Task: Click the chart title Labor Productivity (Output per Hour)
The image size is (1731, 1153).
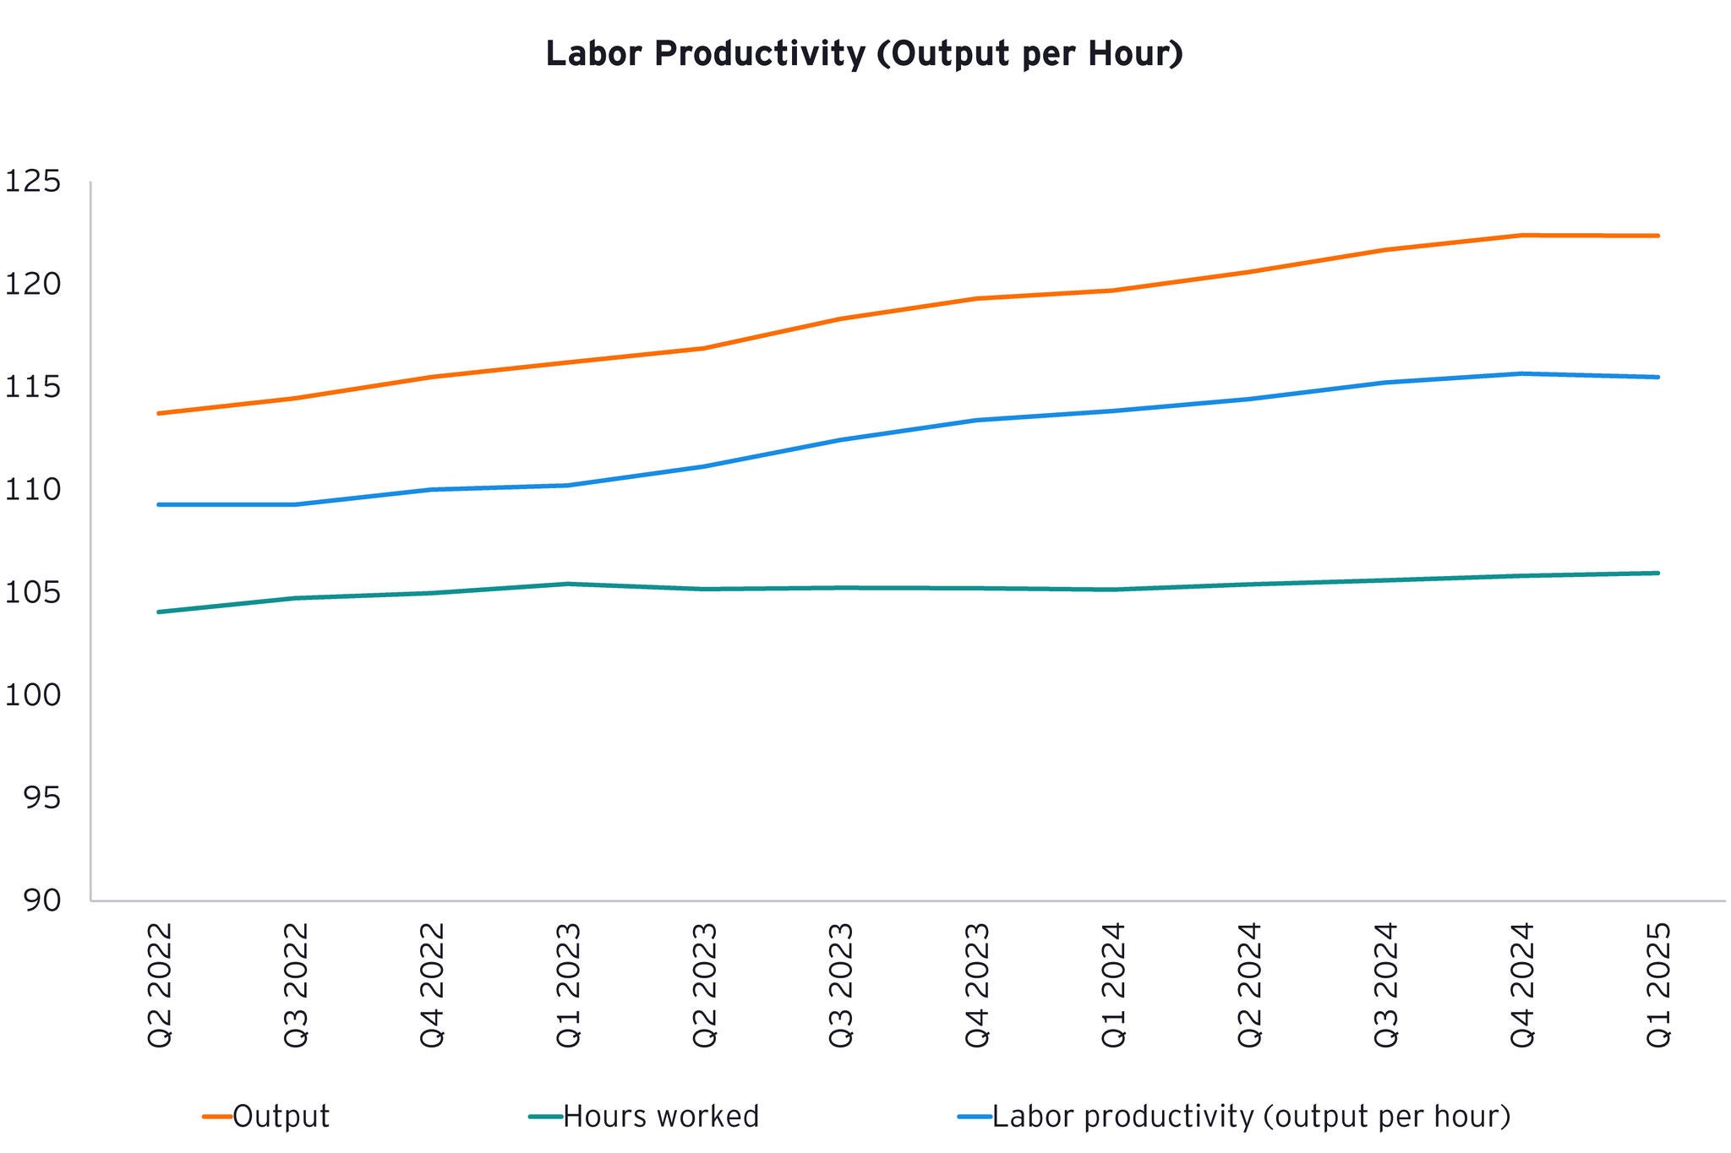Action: pyautogui.click(x=864, y=54)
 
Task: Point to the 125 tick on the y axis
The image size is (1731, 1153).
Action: pyautogui.click(x=34, y=182)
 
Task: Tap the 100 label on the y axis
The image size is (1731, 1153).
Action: pyautogui.click(x=34, y=695)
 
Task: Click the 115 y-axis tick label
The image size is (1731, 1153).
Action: pyautogui.click(x=34, y=388)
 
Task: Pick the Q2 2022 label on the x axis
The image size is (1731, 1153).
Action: pyautogui.click(x=160, y=985)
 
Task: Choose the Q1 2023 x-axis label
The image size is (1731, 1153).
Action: pyautogui.click(x=568, y=985)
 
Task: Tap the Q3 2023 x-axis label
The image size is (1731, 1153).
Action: pyautogui.click(x=841, y=985)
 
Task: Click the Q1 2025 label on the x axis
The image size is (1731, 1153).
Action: pyautogui.click(x=1658, y=985)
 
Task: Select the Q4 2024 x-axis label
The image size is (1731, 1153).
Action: pyautogui.click(x=1522, y=985)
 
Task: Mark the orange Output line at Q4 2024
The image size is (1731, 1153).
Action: pyautogui.click(x=1522, y=235)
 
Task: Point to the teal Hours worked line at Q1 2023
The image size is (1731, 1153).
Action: pyautogui.click(x=568, y=584)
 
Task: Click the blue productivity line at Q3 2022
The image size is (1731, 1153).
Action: pyautogui.click(x=296, y=504)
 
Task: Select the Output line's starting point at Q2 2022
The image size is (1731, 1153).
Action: pyautogui.click(x=160, y=413)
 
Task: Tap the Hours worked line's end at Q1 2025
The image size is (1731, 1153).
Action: pyautogui.click(x=1658, y=573)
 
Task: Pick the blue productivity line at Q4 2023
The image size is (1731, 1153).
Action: pyautogui.click(x=978, y=420)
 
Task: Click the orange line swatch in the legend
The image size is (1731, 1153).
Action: pyautogui.click(x=217, y=1117)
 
